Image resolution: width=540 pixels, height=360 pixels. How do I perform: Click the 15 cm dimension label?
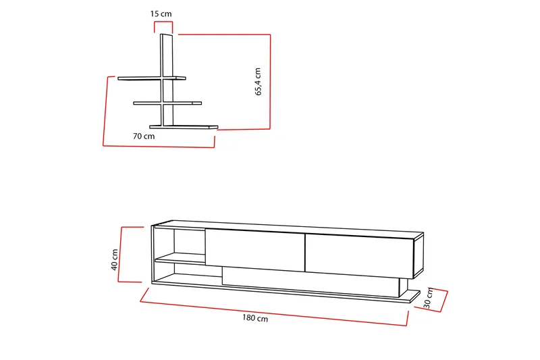point(161,14)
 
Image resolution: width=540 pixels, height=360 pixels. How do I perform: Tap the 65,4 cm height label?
point(259,82)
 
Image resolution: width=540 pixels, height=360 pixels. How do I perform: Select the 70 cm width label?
point(144,136)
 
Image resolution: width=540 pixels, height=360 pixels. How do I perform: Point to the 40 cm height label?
point(115,259)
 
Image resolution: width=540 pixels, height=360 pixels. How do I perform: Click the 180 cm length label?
point(255,318)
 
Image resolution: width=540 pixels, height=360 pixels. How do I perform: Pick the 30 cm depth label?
point(428,298)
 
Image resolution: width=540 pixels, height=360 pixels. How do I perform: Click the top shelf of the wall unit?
point(151,78)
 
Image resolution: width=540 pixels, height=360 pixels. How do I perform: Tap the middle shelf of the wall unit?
point(167,103)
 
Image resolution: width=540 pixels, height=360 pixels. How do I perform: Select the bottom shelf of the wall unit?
point(184,127)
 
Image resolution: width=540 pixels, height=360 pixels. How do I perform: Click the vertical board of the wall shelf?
point(167,79)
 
